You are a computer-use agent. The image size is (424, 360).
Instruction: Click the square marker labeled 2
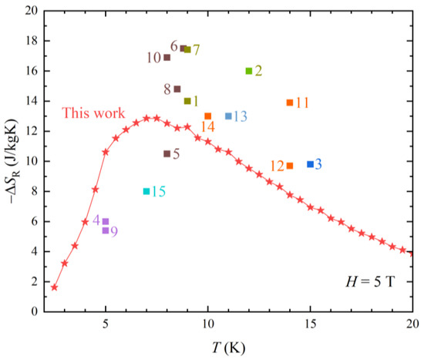click(x=249, y=71)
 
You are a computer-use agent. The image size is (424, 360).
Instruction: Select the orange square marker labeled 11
click(x=290, y=103)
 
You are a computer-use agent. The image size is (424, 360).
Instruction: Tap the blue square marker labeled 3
click(x=310, y=164)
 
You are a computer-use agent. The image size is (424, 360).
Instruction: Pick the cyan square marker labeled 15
click(x=146, y=191)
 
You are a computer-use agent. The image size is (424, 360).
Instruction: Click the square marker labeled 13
click(x=228, y=116)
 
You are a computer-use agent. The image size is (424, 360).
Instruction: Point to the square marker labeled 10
click(x=167, y=57)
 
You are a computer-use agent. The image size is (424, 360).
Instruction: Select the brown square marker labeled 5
click(x=167, y=153)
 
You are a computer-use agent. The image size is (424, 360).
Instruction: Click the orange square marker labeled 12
click(x=290, y=166)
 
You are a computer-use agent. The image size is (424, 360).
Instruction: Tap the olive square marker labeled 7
click(x=187, y=49)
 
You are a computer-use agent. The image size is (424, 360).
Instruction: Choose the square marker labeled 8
click(x=177, y=89)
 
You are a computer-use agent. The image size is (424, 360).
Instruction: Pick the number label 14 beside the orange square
click(x=207, y=127)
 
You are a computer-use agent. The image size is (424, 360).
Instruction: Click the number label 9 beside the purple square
click(x=114, y=231)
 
